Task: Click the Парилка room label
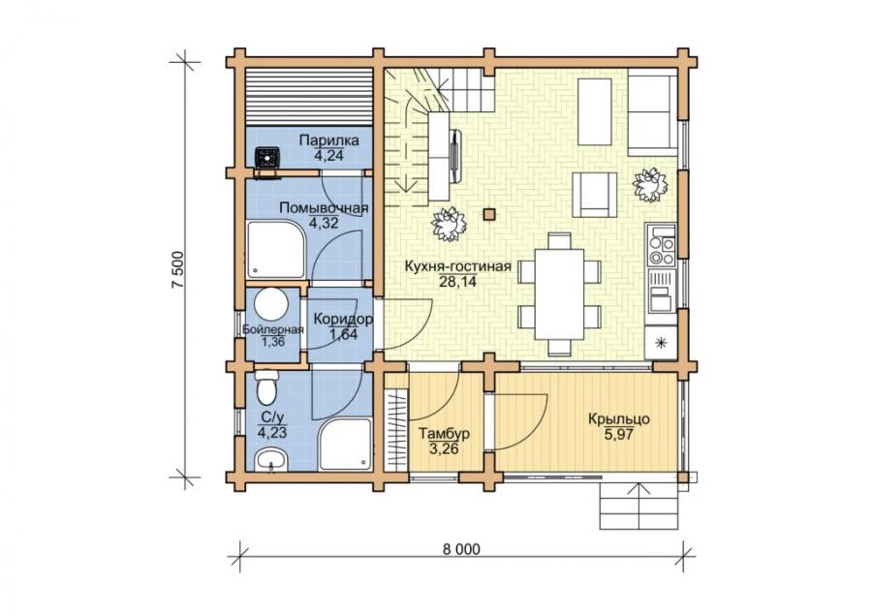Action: [328, 140]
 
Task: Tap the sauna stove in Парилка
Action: [267, 157]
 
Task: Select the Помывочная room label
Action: [324, 208]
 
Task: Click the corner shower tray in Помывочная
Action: [276, 250]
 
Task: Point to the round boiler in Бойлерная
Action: [271, 304]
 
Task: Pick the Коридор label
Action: [343, 320]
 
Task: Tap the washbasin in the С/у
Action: [271, 460]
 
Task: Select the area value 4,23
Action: [272, 433]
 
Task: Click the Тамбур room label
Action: [445, 434]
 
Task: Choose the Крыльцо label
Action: [619, 419]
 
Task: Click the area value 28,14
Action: [457, 282]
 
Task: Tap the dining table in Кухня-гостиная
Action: [559, 294]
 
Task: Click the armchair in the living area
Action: [595, 194]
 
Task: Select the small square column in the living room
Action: [489, 214]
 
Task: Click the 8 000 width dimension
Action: [461, 549]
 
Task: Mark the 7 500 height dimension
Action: [177, 269]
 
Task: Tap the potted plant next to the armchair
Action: [649, 185]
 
